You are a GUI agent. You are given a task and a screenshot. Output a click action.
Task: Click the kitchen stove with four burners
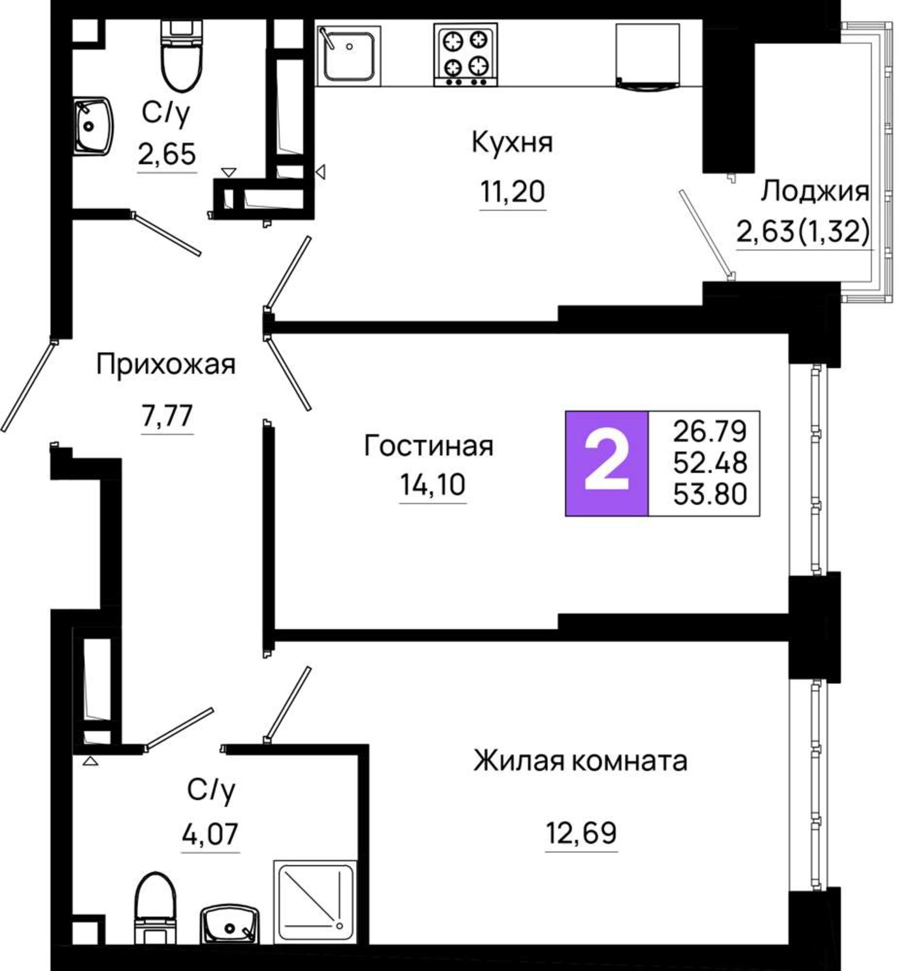(465, 54)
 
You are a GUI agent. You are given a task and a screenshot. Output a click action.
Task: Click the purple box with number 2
(606, 463)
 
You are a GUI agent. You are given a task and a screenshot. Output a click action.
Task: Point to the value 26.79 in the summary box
(710, 431)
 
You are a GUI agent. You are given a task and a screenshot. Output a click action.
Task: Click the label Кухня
(512, 143)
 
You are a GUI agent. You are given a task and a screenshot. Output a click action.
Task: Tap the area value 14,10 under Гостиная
(432, 485)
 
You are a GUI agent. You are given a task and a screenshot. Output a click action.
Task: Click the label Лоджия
(815, 191)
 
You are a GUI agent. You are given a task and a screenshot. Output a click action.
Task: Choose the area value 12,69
(581, 833)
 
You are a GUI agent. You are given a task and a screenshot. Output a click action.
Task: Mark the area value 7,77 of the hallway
(167, 416)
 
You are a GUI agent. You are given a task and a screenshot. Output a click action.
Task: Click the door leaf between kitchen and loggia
(705, 234)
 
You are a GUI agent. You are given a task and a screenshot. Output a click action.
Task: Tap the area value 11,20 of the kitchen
(512, 191)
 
